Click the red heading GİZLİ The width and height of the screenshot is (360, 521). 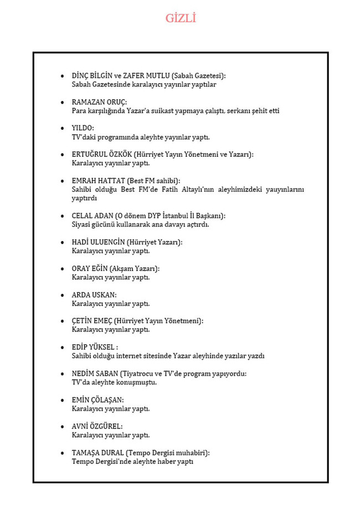coord(181,18)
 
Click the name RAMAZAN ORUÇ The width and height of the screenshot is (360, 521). coord(99,102)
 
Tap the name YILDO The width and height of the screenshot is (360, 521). coord(83,129)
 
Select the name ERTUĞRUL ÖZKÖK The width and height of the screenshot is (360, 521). coord(102,155)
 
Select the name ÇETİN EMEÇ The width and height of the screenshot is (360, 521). coord(92,321)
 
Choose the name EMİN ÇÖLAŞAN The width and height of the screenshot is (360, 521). coord(97,400)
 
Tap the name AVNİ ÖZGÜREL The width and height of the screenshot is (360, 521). coord(97,426)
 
